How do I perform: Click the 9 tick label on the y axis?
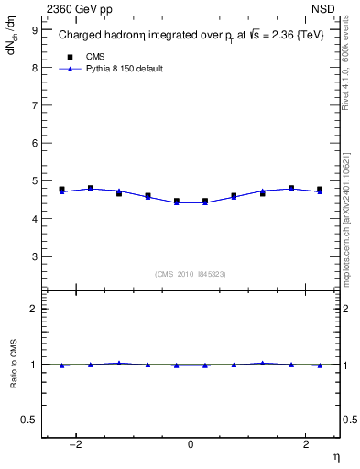tap(35, 29)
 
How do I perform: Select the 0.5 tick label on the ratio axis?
tap(31, 420)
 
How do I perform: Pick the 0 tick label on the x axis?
tap(191, 443)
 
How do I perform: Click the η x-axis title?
tap(335, 455)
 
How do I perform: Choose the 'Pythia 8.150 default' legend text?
tap(124, 69)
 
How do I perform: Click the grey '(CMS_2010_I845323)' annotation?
tap(191, 273)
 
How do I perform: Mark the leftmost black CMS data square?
tap(61, 190)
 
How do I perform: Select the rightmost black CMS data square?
tap(320, 190)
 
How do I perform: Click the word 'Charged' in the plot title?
tap(78, 36)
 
